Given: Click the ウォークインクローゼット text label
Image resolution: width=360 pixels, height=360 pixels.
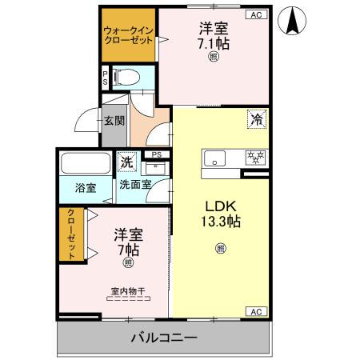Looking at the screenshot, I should (127, 36).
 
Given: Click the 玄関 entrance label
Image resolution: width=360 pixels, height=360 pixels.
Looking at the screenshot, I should (114, 122).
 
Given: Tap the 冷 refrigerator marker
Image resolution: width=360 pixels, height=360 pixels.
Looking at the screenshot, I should (257, 120).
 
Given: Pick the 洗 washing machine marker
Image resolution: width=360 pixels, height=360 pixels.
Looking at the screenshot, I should (127, 162).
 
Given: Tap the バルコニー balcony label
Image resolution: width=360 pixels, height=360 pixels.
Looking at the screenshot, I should (163, 338).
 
